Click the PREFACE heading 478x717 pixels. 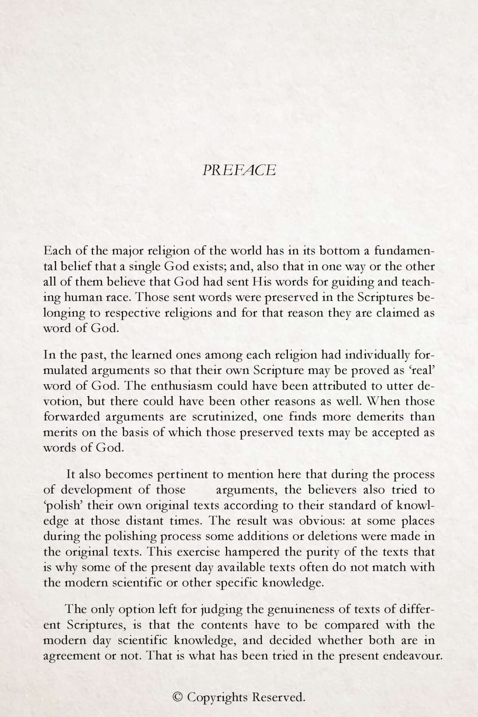[x=239, y=170]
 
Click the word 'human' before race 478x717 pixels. [x=75, y=297]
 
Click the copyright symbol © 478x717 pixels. [x=178, y=697]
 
